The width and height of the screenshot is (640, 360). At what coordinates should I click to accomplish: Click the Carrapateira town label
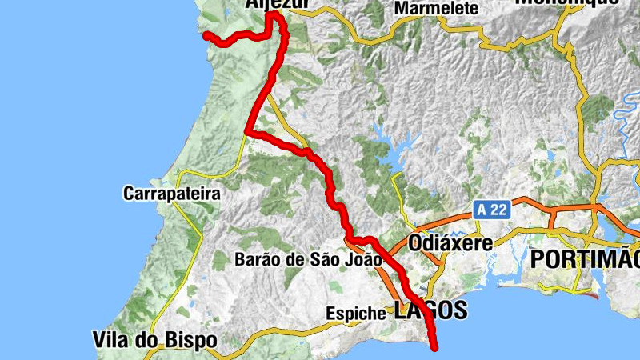point(171,194)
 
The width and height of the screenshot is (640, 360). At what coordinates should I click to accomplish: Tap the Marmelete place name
point(437,9)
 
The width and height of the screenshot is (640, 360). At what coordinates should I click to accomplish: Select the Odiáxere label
point(450,242)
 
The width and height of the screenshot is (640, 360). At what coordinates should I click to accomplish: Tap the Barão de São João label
point(309,259)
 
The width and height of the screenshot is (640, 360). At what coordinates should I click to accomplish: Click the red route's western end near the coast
point(206,35)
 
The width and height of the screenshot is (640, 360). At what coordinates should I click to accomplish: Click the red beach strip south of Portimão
point(591,295)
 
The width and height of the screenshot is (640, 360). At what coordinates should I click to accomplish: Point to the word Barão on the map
point(255,259)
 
